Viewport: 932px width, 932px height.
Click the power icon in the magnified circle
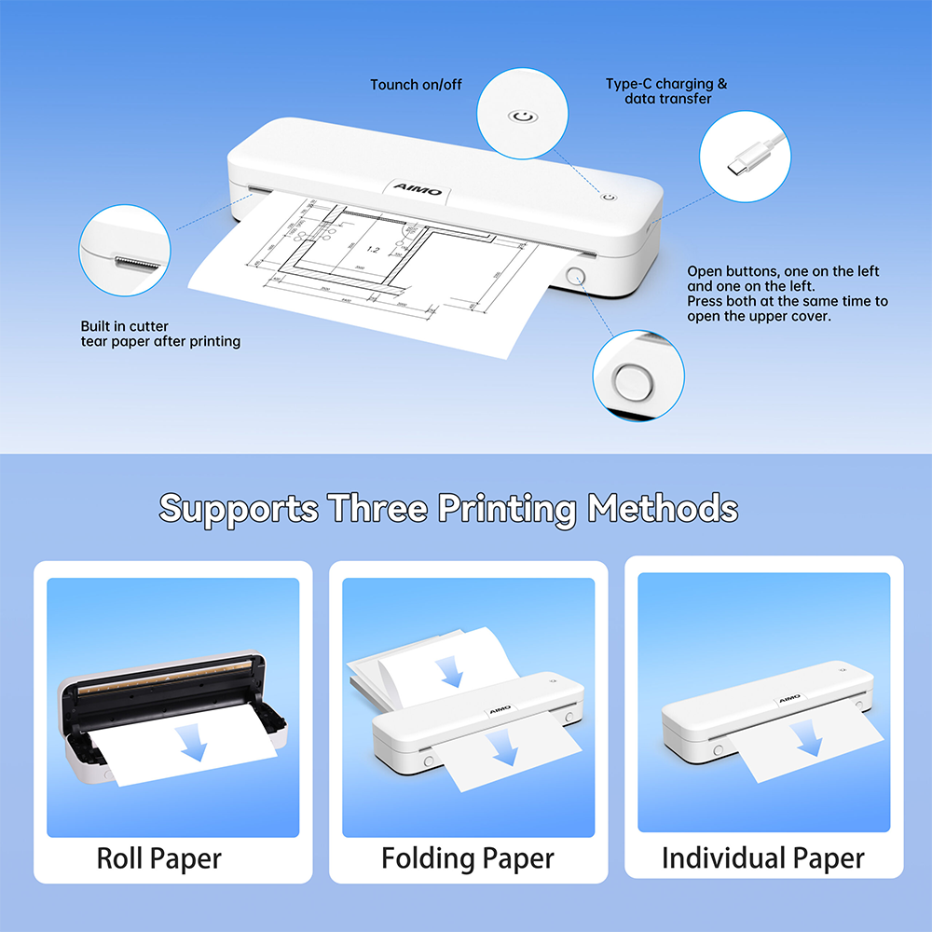coord(522,117)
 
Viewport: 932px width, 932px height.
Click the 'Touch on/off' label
coord(416,85)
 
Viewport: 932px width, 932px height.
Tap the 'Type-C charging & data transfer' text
coord(666,91)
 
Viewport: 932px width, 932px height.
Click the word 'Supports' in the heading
coord(238,509)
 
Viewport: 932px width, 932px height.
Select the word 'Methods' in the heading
coord(663,509)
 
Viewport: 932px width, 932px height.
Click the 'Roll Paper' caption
coord(159,857)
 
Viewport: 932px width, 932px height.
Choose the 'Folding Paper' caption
coord(468,857)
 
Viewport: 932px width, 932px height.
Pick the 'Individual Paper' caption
coord(762,857)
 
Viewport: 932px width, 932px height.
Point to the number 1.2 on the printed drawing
coord(372,250)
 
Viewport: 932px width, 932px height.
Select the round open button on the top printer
coord(575,277)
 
